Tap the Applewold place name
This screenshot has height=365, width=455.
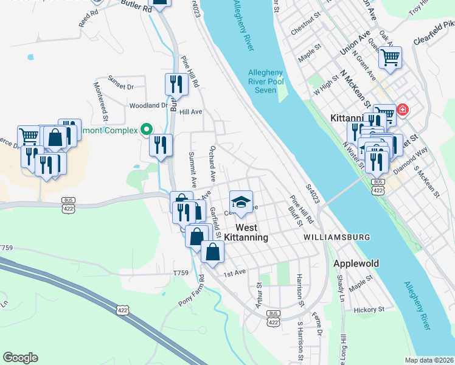pyautogui.click(x=356, y=264)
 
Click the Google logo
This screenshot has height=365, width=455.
pyautogui.click(x=20, y=358)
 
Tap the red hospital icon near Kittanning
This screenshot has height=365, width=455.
pyautogui.click(x=402, y=110)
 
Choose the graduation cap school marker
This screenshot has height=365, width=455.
pyautogui.click(x=241, y=201)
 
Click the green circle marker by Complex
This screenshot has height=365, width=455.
pyautogui.click(x=145, y=129)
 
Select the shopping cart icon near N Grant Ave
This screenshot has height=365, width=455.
pyautogui.click(x=390, y=57)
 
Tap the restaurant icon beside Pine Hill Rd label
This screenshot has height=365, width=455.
pyautogui.click(x=175, y=83)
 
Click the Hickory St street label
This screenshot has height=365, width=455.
pyautogui.click(x=370, y=309)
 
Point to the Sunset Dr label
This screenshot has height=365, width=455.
pyautogui.click(x=120, y=86)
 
